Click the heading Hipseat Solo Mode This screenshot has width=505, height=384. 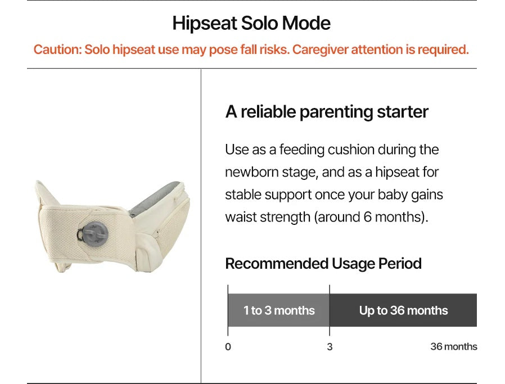click(x=251, y=23)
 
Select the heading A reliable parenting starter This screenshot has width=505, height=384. click(x=327, y=112)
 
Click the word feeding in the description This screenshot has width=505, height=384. click(x=301, y=150)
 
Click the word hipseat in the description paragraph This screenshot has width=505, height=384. click(x=397, y=172)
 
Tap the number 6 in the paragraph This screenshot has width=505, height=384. click(x=367, y=217)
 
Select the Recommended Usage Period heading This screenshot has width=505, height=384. click(x=323, y=263)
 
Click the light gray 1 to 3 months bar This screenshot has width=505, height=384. click(x=278, y=310)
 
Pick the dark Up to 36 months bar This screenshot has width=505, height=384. click(x=403, y=310)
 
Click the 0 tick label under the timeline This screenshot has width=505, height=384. click(x=228, y=347)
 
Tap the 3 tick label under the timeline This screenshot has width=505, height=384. click(x=330, y=347)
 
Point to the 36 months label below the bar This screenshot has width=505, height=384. click(x=453, y=347)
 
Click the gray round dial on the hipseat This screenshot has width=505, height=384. click(x=93, y=234)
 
